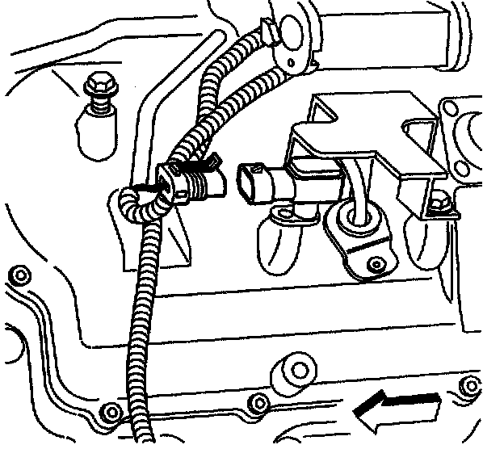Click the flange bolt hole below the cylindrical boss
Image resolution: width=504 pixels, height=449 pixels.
[x=258, y=402]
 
